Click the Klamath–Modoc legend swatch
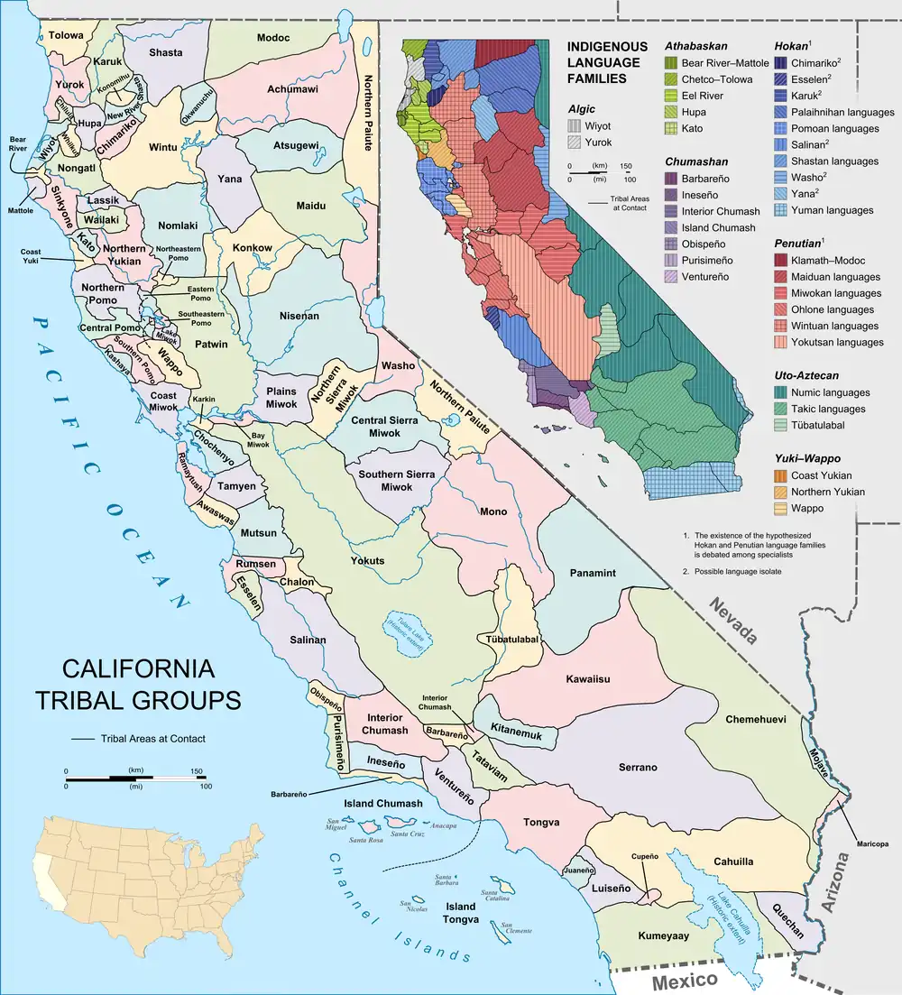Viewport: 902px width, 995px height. click(781, 261)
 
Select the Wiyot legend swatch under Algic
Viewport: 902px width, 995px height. click(575, 126)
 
